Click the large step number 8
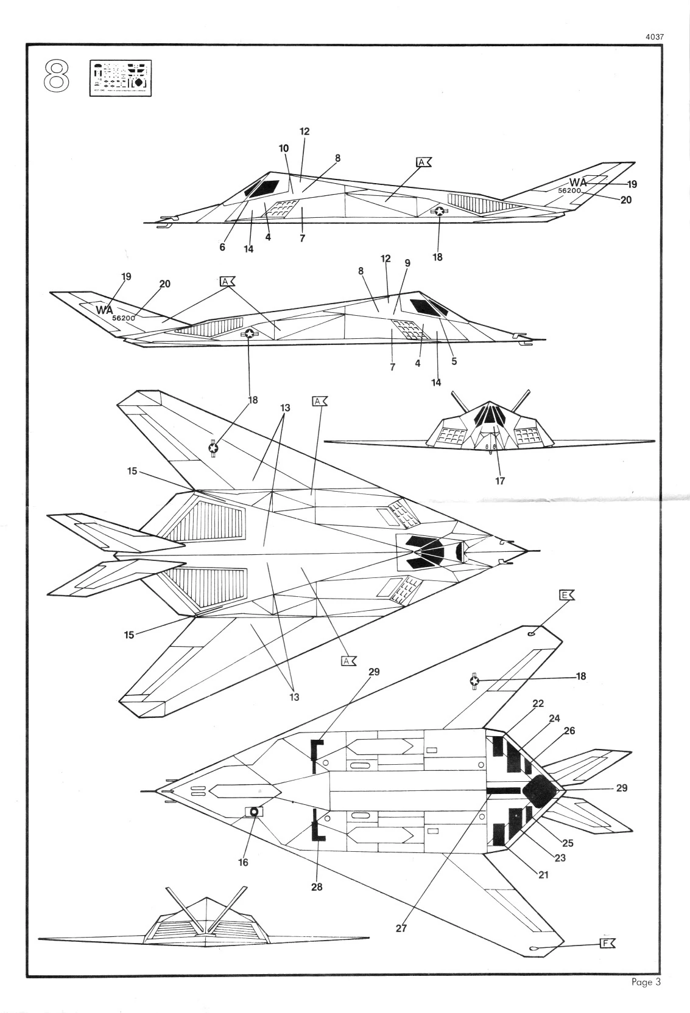[x=57, y=77]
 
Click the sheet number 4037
[x=653, y=37]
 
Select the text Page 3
[x=646, y=982]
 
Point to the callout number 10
[x=284, y=148]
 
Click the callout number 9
[x=407, y=263]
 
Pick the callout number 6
[x=222, y=247]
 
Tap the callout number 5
[x=454, y=361]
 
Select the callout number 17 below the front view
[x=500, y=481]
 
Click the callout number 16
[x=243, y=862]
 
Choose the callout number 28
[x=317, y=886]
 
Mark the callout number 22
[x=538, y=704]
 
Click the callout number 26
[x=569, y=731]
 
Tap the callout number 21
[x=543, y=874]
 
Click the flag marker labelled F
[x=607, y=944]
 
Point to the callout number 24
[x=554, y=718]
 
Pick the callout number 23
[x=560, y=858]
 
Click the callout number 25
[x=568, y=843]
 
